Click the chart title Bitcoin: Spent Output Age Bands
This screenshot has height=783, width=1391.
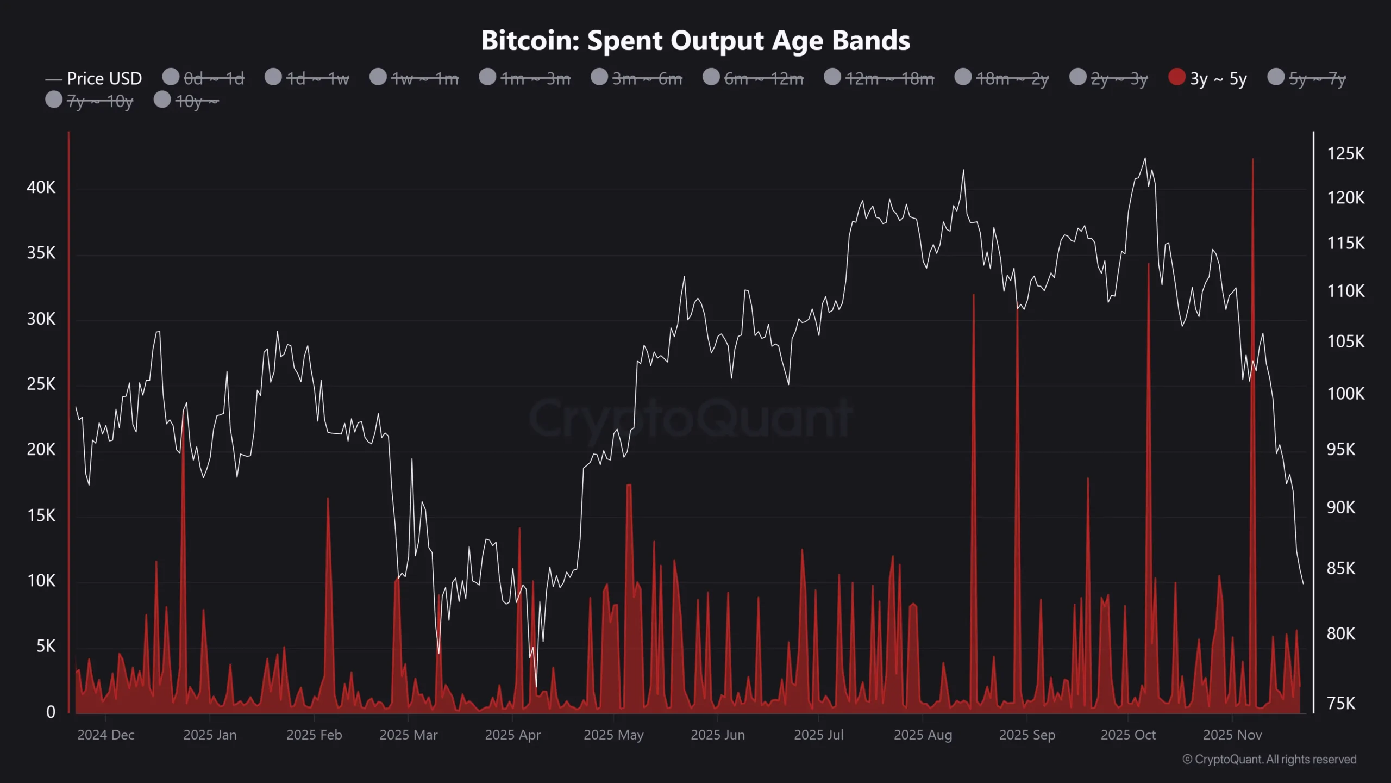pyautogui.click(x=695, y=41)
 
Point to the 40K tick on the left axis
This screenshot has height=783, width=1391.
pyautogui.click(x=41, y=188)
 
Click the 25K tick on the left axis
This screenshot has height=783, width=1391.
pyautogui.click(x=41, y=384)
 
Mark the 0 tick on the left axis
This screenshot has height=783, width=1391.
pyautogui.click(x=51, y=712)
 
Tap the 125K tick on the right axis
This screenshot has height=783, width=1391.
pyautogui.click(x=1345, y=154)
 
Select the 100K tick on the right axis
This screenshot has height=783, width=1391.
pyautogui.click(x=1345, y=394)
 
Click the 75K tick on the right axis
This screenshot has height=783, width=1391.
pyautogui.click(x=1341, y=704)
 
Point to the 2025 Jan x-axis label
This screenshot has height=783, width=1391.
pyautogui.click(x=210, y=735)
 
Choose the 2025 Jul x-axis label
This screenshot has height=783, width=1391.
pyautogui.click(x=818, y=735)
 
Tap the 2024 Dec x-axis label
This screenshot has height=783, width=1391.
pyautogui.click(x=105, y=735)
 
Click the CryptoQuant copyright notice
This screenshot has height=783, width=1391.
pyautogui.click(x=1269, y=760)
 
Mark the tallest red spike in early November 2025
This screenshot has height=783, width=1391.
pyautogui.click(x=1252, y=160)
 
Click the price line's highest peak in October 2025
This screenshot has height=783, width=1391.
pyautogui.click(x=1145, y=159)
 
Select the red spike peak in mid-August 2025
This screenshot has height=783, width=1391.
pyautogui.click(x=973, y=295)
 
